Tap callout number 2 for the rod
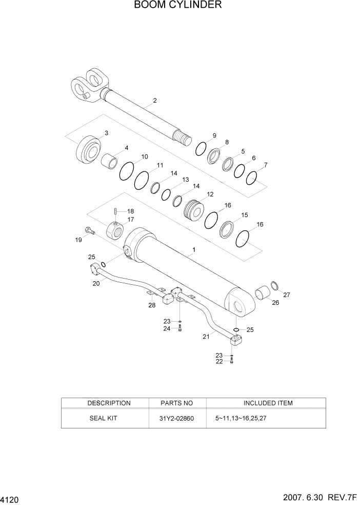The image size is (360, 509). point(154,101)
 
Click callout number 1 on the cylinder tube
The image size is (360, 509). point(193,250)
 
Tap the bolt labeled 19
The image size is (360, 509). point(89,231)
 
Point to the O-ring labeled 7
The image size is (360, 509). point(251,178)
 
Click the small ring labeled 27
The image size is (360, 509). point(275,285)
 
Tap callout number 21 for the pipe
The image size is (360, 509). point(206,337)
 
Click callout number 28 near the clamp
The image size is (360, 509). point(152,306)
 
